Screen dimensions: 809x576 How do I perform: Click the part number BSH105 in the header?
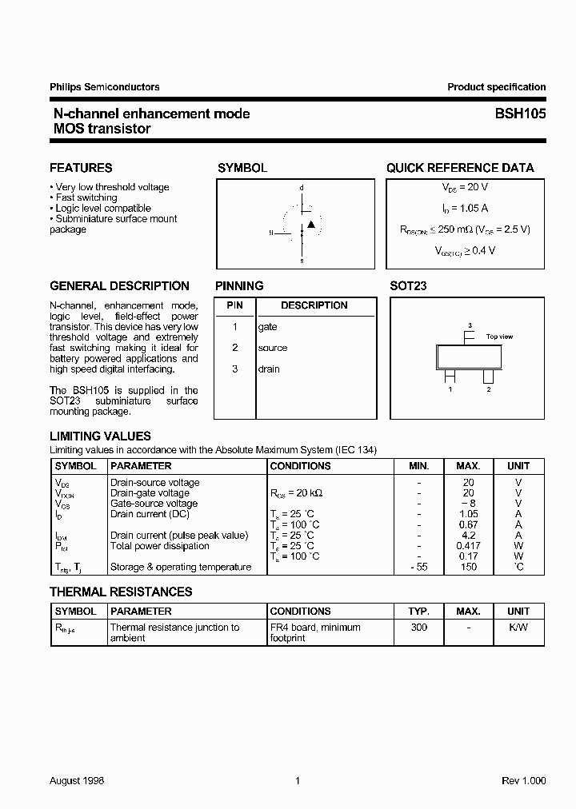(x=520, y=114)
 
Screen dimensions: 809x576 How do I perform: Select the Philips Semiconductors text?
(x=104, y=87)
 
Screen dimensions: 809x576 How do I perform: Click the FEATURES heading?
(x=81, y=168)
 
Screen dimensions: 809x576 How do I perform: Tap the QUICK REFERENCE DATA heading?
(x=460, y=168)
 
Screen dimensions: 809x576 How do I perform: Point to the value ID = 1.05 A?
(x=465, y=208)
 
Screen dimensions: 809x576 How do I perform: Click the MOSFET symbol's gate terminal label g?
(x=271, y=233)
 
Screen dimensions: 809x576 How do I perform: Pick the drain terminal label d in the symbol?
(x=302, y=189)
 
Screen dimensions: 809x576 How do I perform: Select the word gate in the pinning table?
(x=267, y=327)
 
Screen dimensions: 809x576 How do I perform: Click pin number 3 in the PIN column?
(x=235, y=369)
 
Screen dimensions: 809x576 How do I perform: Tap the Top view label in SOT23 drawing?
(x=499, y=337)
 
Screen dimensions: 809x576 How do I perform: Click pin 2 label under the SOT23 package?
(x=488, y=389)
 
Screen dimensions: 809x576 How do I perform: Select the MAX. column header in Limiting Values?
(x=468, y=465)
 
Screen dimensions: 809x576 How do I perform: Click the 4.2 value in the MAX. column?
(x=469, y=536)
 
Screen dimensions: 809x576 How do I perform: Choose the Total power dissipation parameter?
(x=159, y=546)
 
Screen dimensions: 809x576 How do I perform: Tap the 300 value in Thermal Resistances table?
(x=418, y=628)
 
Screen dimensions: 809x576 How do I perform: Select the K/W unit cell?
(x=518, y=628)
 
